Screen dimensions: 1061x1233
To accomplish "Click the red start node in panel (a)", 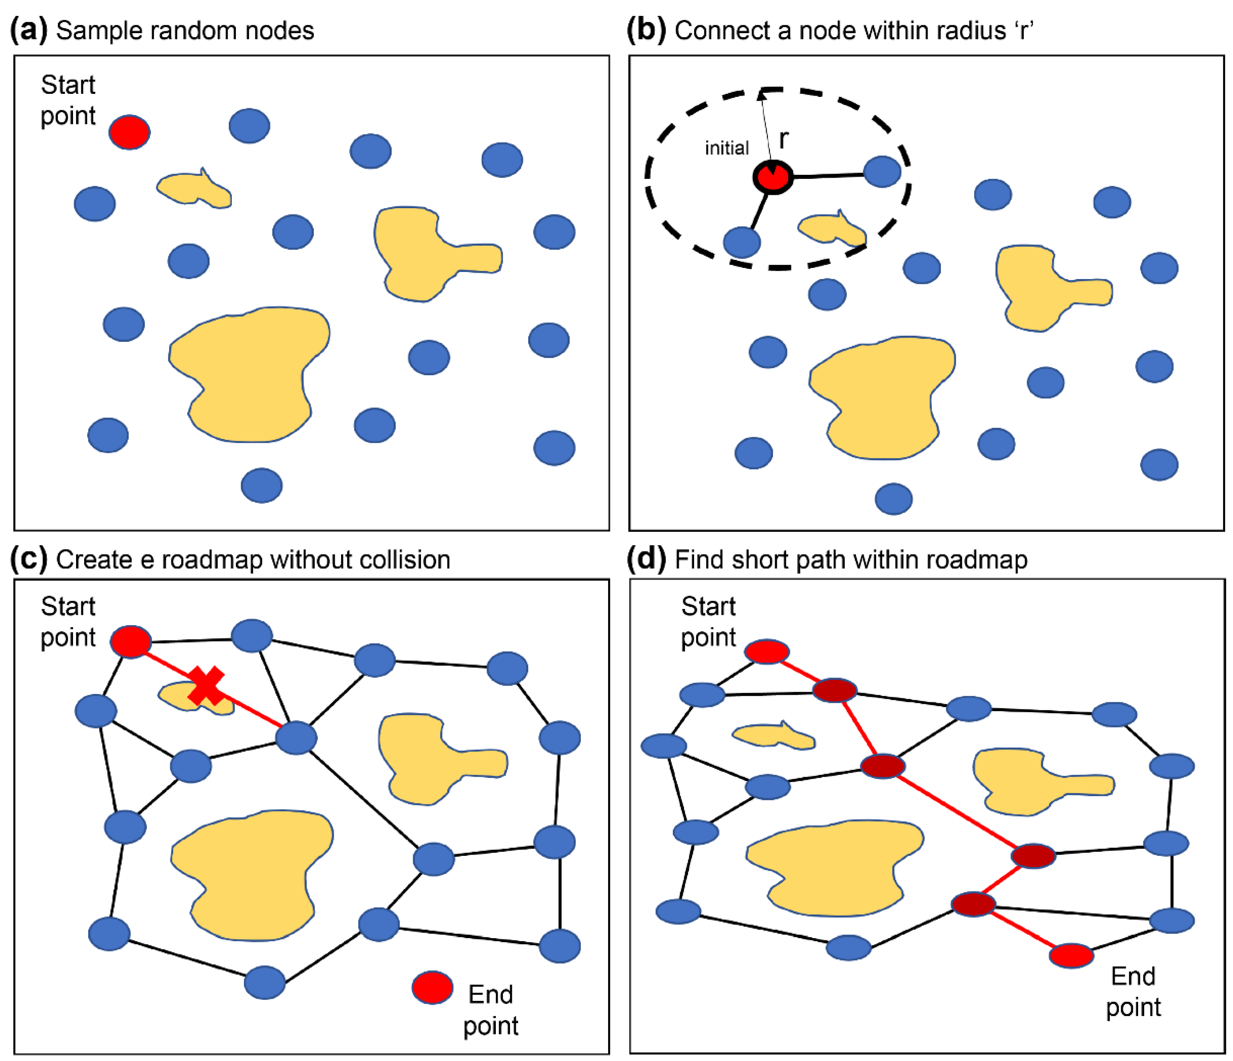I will [x=129, y=132].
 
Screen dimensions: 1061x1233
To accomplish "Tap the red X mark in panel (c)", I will [x=206, y=686].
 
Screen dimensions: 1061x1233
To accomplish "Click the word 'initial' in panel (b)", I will [x=726, y=148].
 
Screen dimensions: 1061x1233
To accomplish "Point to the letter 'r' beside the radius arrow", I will [x=784, y=139].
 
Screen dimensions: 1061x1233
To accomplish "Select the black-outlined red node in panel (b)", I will [x=772, y=177].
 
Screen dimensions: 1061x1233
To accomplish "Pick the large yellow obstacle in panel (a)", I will [x=250, y=375].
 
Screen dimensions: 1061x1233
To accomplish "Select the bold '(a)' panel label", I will [x=29, y=30].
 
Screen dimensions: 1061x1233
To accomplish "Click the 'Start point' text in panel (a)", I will [x=68, y=100].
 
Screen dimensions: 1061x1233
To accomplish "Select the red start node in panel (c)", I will [x=131, y=641].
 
